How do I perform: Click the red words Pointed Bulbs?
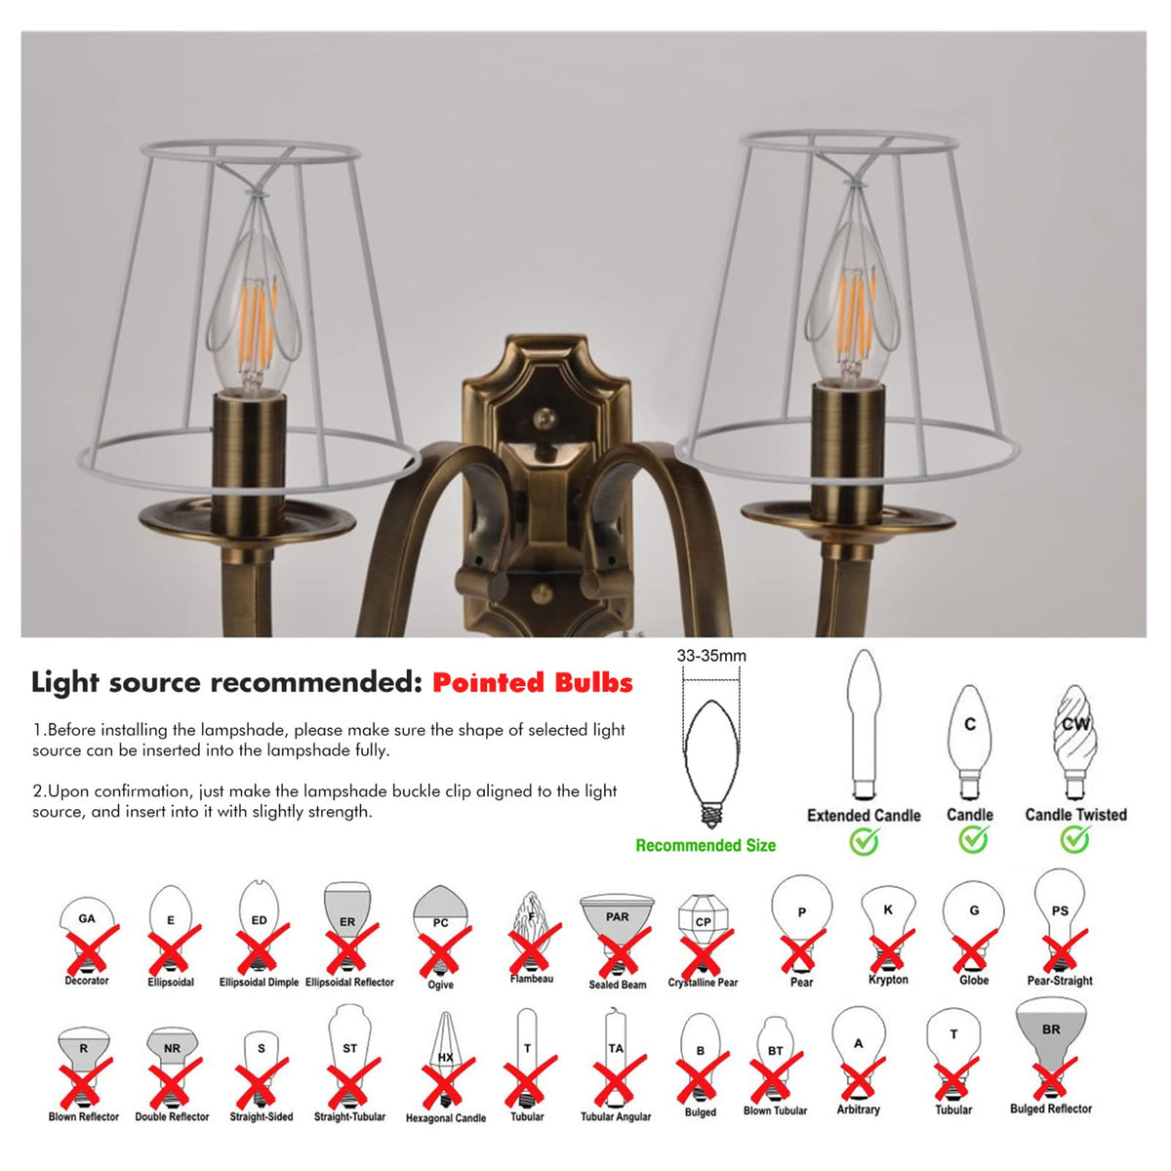pyautogui.click(x=533, y=682)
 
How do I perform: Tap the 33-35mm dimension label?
pyautogui.click(x=711, y=656)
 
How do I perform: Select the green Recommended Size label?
pyautogui.click(x=706, y=845)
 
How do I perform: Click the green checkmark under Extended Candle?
pyautogui.click(x=864, y=841)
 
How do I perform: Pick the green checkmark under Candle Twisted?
pyautogui.click(x=1075, y=840)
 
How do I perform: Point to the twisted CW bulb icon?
pyautogui.click(x=1075, y=743)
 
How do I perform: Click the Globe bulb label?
pyautogui.click(x=974, y=980)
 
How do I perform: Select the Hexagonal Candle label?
pyautogui.click(x=445, y=1118)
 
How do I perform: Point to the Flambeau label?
pyautogui.click(x=531, y=979)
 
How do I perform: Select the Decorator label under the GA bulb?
pyautogui.click(x=86, y=980)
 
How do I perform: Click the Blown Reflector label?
pyautogui.click(x=83, y=1117)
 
